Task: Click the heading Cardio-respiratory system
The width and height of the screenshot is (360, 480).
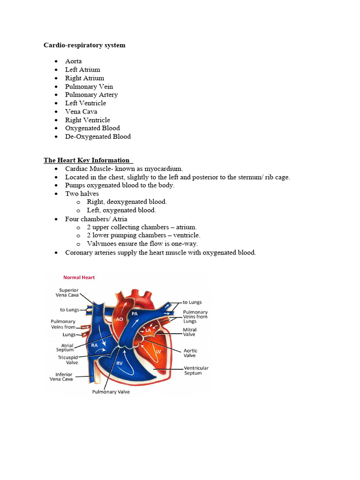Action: pyautogui.click(x=84, y=45)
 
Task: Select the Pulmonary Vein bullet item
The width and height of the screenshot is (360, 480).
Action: pyautogui.click(x=89, y=86)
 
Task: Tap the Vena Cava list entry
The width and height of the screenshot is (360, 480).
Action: pyautogui.click(x=82, y=112)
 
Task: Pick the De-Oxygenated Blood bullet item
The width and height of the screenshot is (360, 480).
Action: pyautogui.click(x=98, y=136)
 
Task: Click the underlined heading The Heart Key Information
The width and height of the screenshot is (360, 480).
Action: pyautogui.click(x=87, y=160)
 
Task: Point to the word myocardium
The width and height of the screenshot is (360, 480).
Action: pyautogui.click(x=164, y=169)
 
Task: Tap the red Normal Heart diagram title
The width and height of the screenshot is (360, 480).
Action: pyautogui.click(x=79, y=277)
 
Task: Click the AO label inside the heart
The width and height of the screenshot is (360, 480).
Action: pyautogui.click(x=120, y=319)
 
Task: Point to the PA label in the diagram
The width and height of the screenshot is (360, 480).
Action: pyautogui.click(x=135, y=313)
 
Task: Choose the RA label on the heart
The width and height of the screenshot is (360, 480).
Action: pyautogui.click(x=95, y=345)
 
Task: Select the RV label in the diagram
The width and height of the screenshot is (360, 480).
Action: pyautogui.click(x=120, y=363)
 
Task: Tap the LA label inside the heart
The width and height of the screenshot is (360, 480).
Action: pyautogui.click(x=148, y=330)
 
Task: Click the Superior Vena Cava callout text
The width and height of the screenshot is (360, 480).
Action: pyautogui.click(x=68, y=292)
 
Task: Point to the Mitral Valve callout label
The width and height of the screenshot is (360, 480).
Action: pyautogui.click(x=189, y=332)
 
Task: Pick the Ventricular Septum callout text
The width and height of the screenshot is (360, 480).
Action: pyautogui.click(x=195, y=371)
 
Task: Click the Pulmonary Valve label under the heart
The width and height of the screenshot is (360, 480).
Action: pyautogui.click(x=111, y=392)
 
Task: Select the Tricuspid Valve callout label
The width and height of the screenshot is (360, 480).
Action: pyautogui.click(x=68, y=360)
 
